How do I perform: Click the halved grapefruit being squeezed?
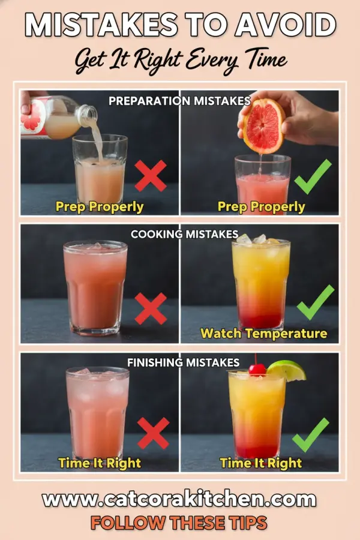[x=263, y=125]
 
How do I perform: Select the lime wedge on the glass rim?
[x=288, y=370]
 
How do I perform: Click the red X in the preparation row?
[x=151, y=176]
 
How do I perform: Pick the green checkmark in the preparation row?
[x=313, y=176]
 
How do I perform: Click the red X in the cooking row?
[x=151, y=308]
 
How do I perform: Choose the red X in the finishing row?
[x=153, y=433]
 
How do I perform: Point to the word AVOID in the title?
[x=284, y=26]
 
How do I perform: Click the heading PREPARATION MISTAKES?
[x=179, y=101]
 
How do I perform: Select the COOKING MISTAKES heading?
[x=184, y=234]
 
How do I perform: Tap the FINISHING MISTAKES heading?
[x=183, y=362]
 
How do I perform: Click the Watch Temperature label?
[x=263, y=333]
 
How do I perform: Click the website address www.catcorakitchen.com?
[x=179, y=499]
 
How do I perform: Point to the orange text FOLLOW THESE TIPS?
[x=179, y=523]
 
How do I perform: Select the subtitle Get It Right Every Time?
[x=180, y=60]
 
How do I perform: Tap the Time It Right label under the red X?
[x=100, y=463]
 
